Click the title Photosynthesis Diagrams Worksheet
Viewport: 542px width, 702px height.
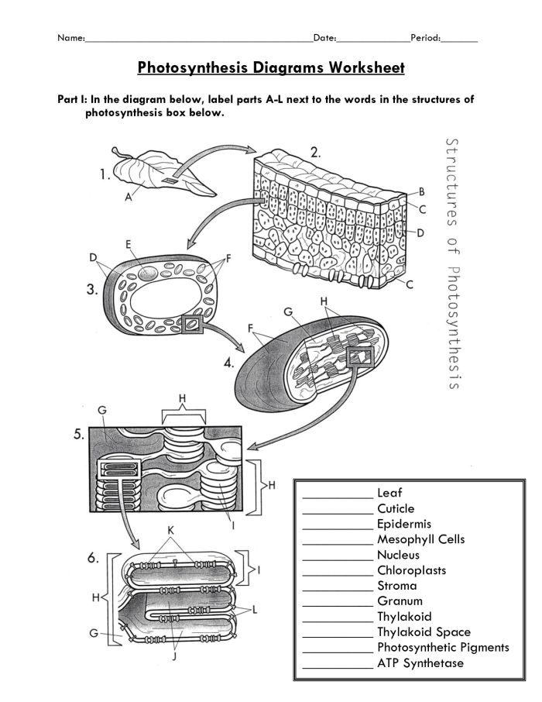[x=271, y=67]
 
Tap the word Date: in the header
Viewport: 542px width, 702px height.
[x=324, y=37]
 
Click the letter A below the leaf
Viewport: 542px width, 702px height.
[x=129, y=197]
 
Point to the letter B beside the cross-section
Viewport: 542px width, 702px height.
[x=422, y=191]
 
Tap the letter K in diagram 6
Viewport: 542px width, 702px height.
[x=183, y=529]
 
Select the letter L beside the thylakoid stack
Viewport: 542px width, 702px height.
[x=256, y=610]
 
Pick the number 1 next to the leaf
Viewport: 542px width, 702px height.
[x=105, y=175]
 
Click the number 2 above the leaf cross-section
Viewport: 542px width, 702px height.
[x=315, y=153]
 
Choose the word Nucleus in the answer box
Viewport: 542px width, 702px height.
[x=398, y=555]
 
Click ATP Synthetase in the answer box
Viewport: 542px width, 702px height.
[x=420, y=663]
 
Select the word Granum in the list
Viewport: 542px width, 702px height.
[x=400, y=601]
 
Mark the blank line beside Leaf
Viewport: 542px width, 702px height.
[x=337, y=497]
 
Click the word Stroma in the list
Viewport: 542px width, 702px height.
[x=396, y=586]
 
